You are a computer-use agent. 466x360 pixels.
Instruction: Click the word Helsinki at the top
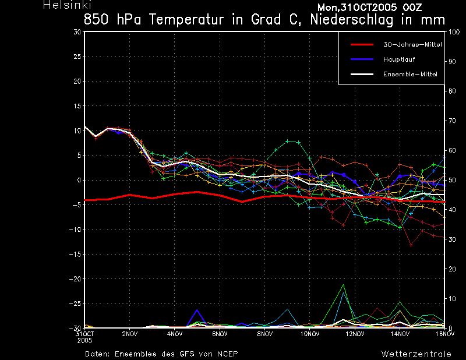tap(67, 5)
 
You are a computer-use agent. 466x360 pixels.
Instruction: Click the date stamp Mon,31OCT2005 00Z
tap(369, 8)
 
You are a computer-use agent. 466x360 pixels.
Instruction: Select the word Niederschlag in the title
tap(352, 20)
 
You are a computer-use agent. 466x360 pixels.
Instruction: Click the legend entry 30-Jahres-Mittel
tap(412, 45)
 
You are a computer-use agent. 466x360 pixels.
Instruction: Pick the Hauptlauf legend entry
tap(399, 59)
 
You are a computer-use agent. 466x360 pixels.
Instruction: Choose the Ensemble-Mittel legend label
tap(410, 74)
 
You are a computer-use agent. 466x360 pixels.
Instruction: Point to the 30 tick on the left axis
tap(77, 32)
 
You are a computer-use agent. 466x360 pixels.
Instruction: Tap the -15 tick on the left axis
tap(75, 254)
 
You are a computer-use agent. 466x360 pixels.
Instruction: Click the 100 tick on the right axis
tap(454, 32)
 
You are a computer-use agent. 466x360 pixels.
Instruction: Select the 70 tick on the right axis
tap(451, 121)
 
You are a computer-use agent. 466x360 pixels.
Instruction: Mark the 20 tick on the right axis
tap(451, 269)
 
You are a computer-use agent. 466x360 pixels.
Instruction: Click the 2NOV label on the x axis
tap(129, 334)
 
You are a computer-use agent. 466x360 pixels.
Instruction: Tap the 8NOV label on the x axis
tap(265, 334)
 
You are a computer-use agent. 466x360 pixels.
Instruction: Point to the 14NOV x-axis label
tap(400, 334)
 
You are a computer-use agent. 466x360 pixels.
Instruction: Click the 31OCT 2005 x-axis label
tap(84, 337)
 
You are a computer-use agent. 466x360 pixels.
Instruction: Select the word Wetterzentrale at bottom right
tap(416, 354)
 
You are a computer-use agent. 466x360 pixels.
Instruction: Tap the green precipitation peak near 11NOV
tap(343, 285)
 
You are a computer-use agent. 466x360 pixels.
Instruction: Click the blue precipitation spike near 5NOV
tap(197, 310)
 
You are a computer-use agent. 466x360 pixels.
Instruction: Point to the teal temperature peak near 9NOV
tap(288, 141)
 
